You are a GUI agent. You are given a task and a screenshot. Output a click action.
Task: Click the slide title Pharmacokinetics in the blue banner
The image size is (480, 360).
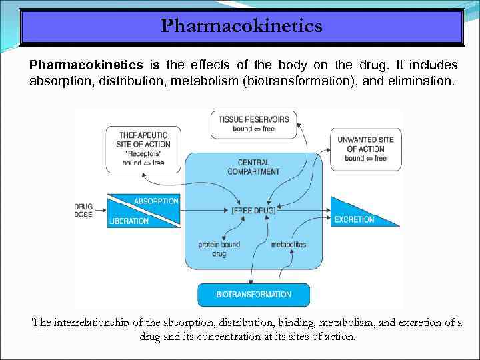[241, 26]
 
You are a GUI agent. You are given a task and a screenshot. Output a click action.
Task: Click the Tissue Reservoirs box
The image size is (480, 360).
[253, 124]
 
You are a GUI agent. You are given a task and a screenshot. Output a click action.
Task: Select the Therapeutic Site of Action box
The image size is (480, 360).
[144, 149]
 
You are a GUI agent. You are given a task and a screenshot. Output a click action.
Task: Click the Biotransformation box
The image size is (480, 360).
[253, 294]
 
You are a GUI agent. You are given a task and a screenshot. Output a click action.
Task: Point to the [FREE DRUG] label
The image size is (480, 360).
[253, 211]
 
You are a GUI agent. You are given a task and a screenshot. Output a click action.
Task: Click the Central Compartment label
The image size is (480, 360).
[253, 167]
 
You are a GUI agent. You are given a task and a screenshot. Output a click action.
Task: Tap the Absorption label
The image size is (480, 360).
[156, 201]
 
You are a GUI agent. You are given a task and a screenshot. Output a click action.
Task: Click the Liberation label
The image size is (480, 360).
[129, 221]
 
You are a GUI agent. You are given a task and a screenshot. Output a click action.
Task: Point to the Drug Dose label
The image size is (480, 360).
[84, 211]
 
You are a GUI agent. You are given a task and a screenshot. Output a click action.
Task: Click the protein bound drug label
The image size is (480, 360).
[219, 249]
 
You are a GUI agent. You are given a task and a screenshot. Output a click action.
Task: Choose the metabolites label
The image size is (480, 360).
[288, 245]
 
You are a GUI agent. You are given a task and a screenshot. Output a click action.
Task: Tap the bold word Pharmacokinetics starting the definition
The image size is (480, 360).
[86, 65]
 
